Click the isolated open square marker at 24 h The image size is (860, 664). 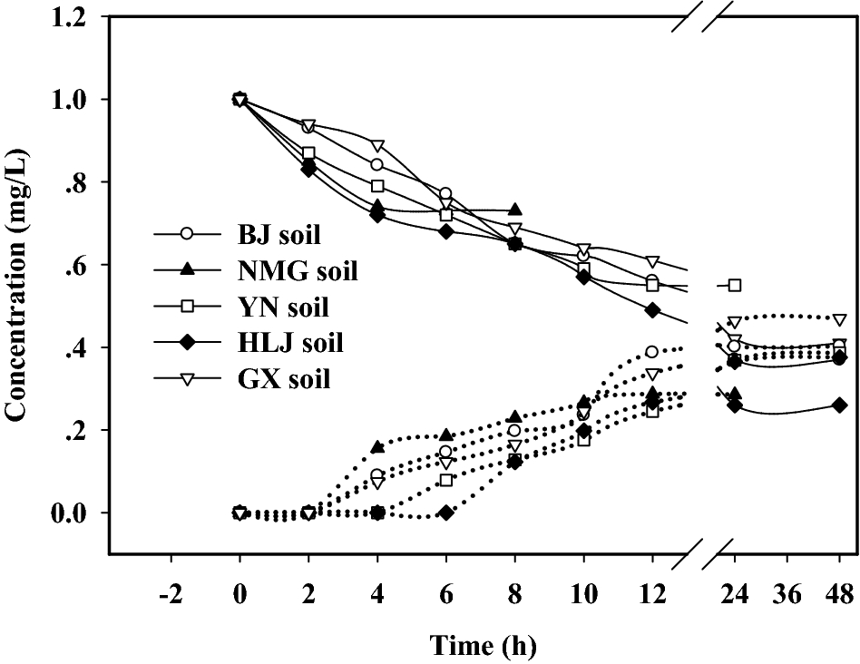click(x=735, y=286)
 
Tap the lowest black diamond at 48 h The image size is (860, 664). click(x=840, y=405)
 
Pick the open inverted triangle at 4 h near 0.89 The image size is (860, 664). click(x=376, y=146)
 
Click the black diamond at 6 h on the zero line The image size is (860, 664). click(x=445, y=513)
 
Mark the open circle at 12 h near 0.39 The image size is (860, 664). click(x=651, y=351)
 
